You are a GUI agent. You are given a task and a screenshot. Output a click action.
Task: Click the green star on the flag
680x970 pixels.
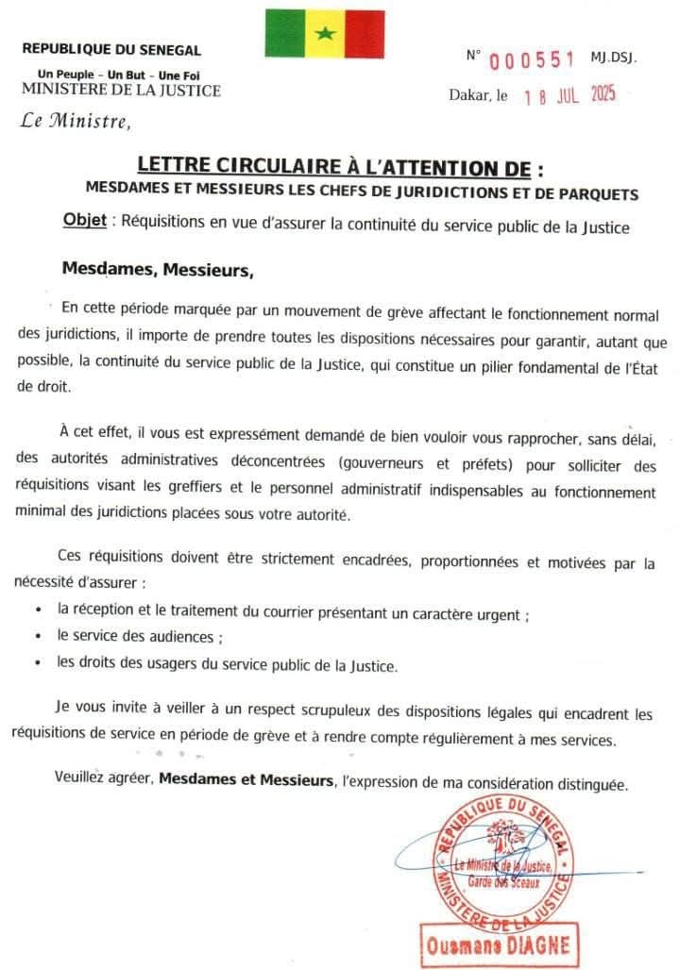point(325,34)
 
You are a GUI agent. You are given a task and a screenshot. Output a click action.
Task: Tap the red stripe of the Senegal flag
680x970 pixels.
point(365,34)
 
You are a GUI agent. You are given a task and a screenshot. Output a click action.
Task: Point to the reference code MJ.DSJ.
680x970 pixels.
point(614,58)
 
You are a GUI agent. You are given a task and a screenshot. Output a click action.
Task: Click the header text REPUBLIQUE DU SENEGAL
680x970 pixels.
point(111,50)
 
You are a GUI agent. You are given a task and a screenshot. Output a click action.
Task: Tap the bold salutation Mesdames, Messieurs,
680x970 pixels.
point(158,269)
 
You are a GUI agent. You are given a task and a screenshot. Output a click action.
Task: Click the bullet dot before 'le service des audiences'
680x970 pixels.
point(37,637)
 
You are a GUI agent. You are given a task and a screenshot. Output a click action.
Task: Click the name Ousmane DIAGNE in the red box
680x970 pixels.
point(485,944)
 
